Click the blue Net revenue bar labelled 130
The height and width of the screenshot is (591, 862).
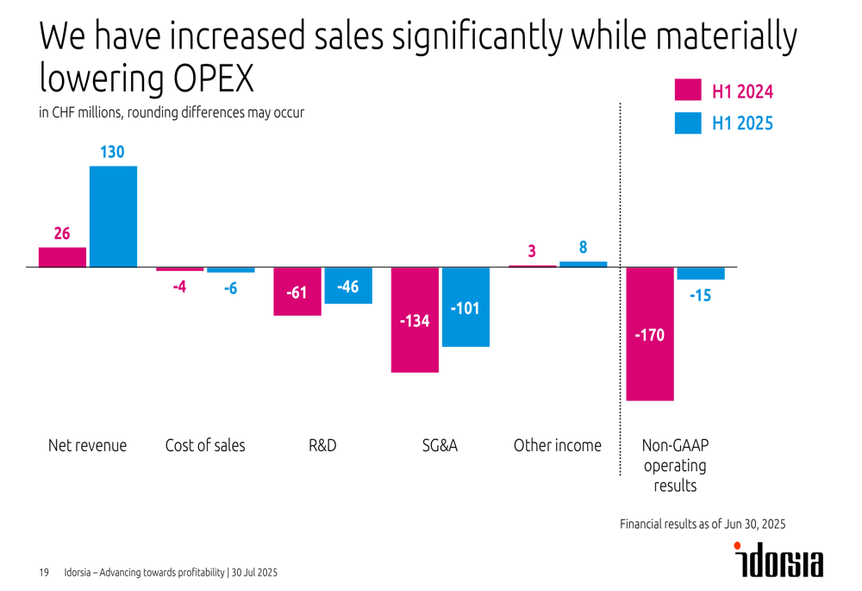[114, 216]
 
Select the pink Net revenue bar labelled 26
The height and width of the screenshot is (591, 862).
[62, 257]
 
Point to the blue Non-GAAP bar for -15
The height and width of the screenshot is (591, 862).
[701, 273]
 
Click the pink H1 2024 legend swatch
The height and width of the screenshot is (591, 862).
[688, 91]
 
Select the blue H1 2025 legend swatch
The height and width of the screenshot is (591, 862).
[688, 123]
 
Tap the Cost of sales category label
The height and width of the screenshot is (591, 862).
[205, 446]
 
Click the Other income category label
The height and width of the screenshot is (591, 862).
[558, 446]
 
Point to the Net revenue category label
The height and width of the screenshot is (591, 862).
[87, 446]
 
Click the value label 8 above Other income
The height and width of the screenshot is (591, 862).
[584, 248]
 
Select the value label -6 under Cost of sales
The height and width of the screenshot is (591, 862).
[230, 288]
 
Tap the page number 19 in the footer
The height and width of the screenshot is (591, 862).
[44, 573]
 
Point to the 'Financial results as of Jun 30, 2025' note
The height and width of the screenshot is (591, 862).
[703, 524]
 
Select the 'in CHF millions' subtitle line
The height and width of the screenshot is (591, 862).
[172, 113]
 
